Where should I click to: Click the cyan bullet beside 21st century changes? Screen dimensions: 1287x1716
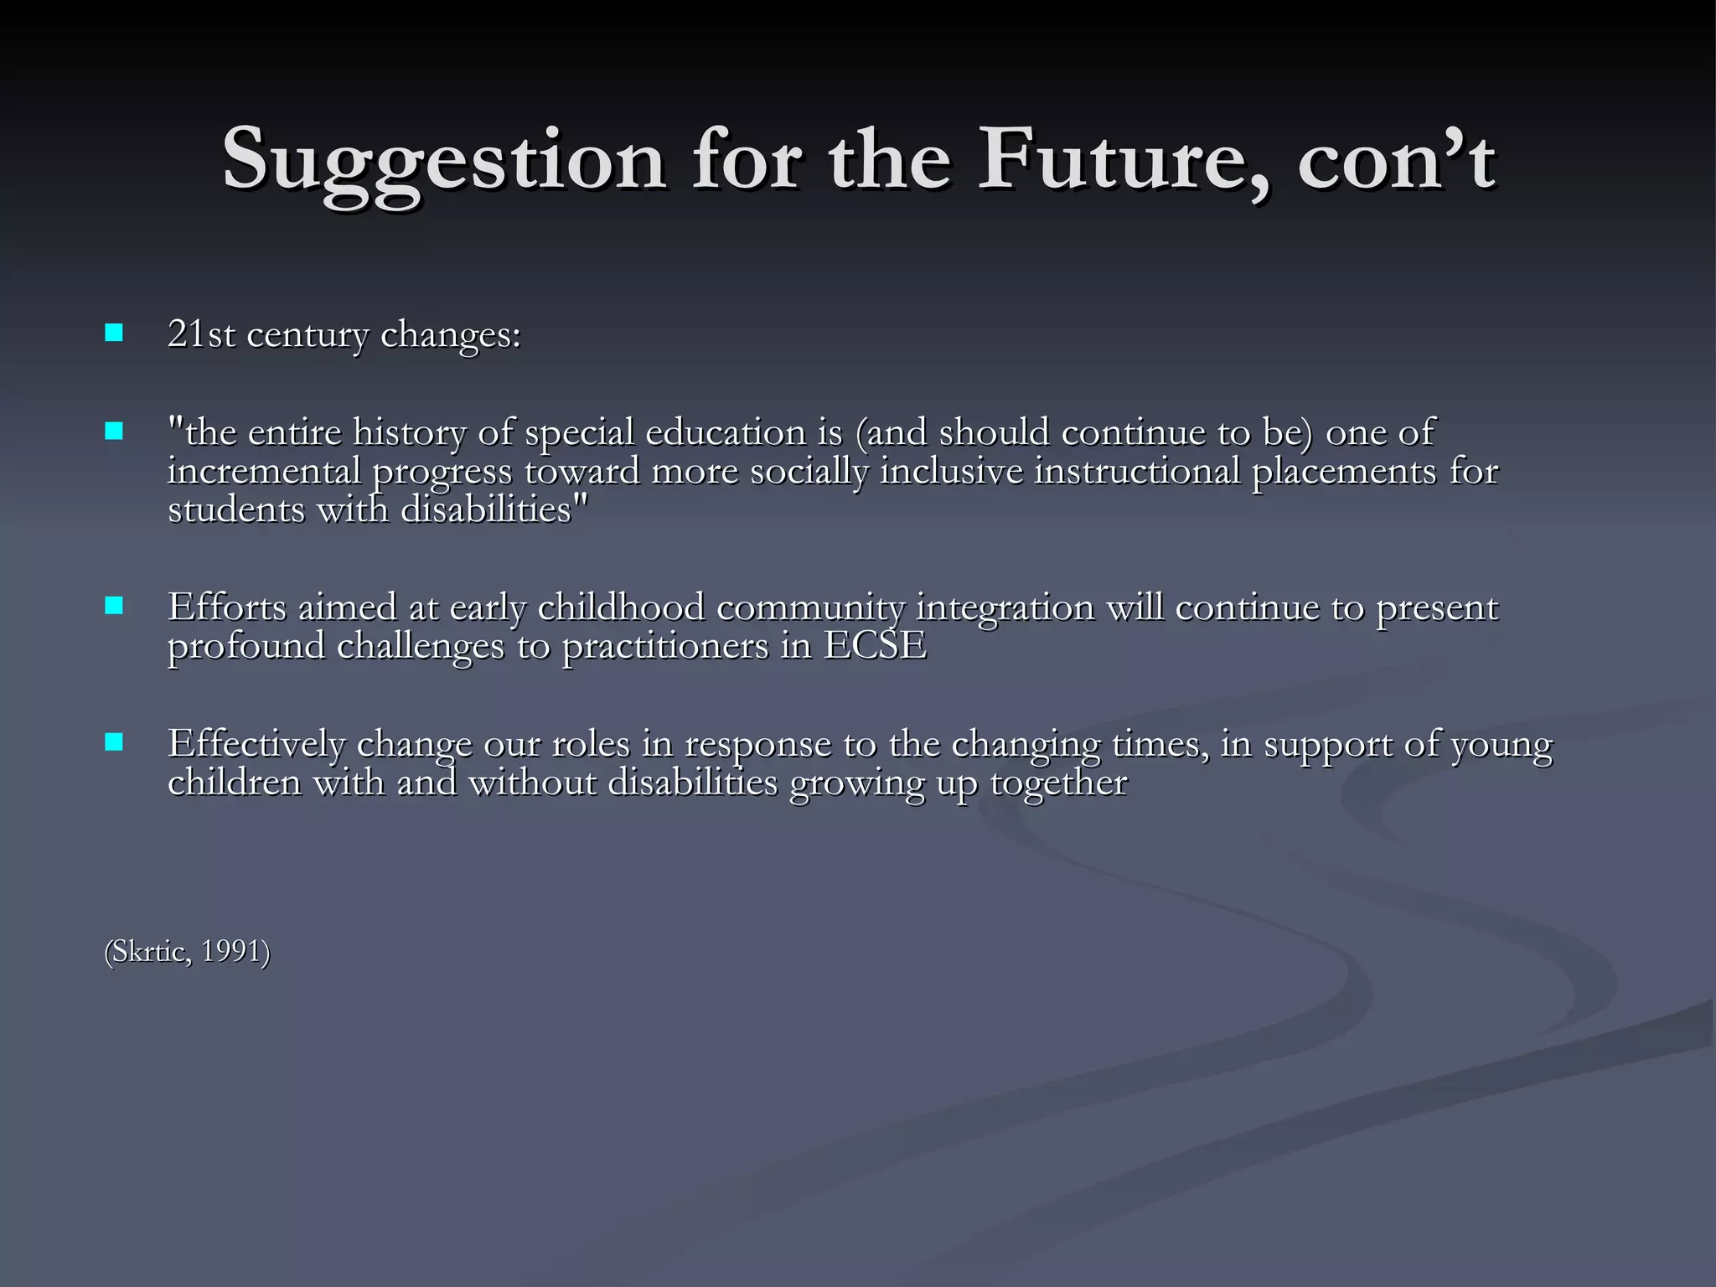(114, 333)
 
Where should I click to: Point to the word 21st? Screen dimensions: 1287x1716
(201, 334)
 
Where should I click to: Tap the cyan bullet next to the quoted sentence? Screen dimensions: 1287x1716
(114, 432)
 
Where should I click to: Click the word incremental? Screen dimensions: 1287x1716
(264, 471)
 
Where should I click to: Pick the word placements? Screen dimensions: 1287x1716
(1344, 472)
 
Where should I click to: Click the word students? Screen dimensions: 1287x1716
(236, 509)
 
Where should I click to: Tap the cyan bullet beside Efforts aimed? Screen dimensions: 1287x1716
(114, 606)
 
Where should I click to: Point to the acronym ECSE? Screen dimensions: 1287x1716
(875, 646)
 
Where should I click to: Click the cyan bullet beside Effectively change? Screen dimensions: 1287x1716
(114, 742)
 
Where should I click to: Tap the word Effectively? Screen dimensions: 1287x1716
(256, 744)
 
